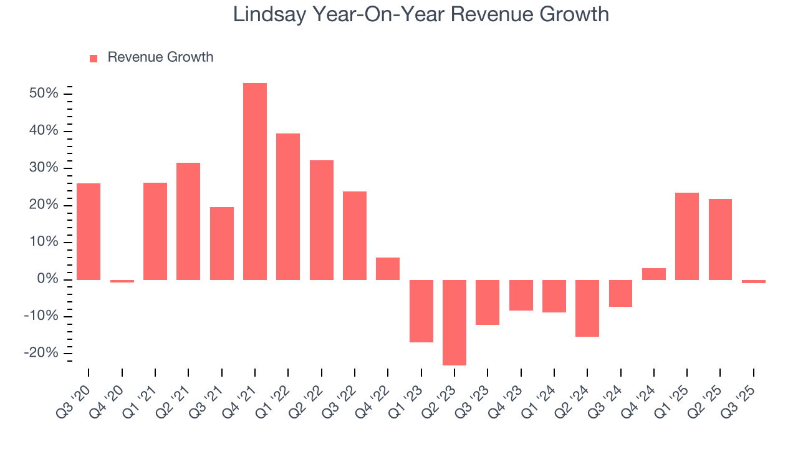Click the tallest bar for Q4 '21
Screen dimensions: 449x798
[255, 181]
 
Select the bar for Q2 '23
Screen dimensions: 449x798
[454, 322]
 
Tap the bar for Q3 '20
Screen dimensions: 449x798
[89, 231]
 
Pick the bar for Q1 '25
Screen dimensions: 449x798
[687, 236]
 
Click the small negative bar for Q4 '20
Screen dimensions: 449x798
[122, 281]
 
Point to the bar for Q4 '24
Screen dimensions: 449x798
[654, 274]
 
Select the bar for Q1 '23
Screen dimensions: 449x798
[421, 311]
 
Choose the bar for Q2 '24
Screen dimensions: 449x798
[587, 308]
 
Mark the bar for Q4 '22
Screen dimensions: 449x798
[388, 269]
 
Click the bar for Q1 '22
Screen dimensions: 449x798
[288, 206]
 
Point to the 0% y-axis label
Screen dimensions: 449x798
[50, 279]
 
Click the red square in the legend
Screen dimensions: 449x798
[94, 58]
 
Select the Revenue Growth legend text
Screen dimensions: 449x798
[160, 57]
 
